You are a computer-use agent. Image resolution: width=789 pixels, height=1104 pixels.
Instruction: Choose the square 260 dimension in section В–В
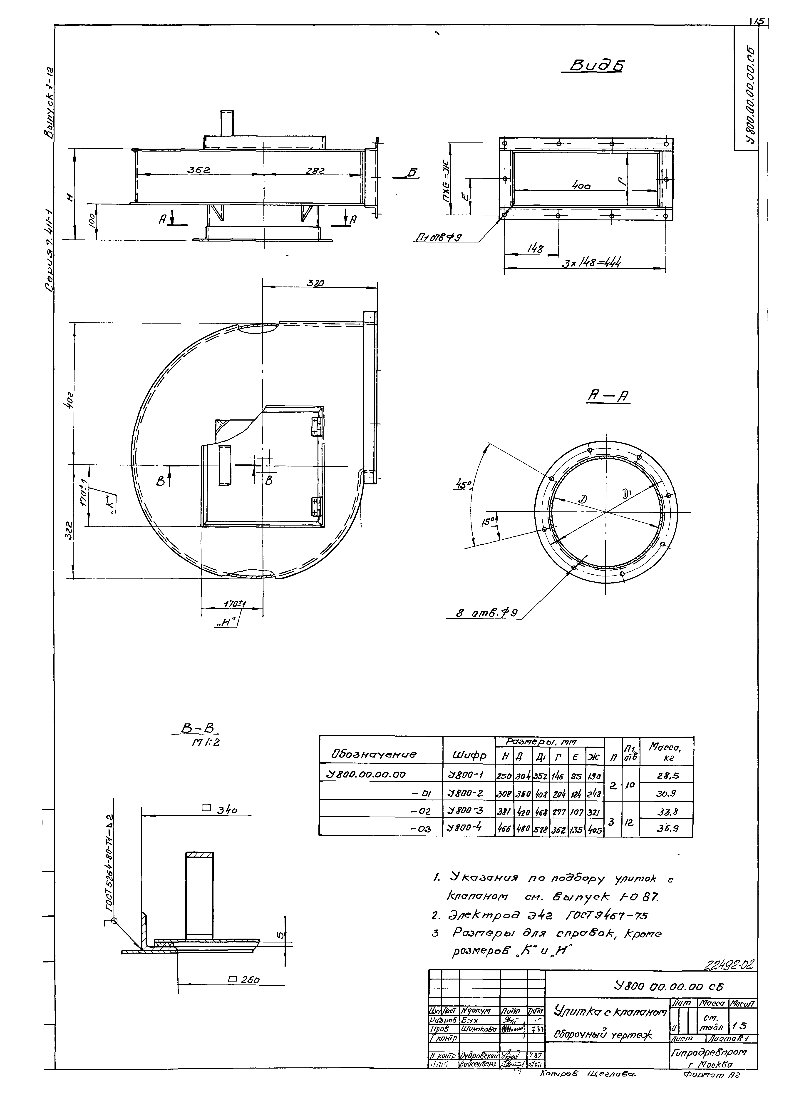tap(244, 980)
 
